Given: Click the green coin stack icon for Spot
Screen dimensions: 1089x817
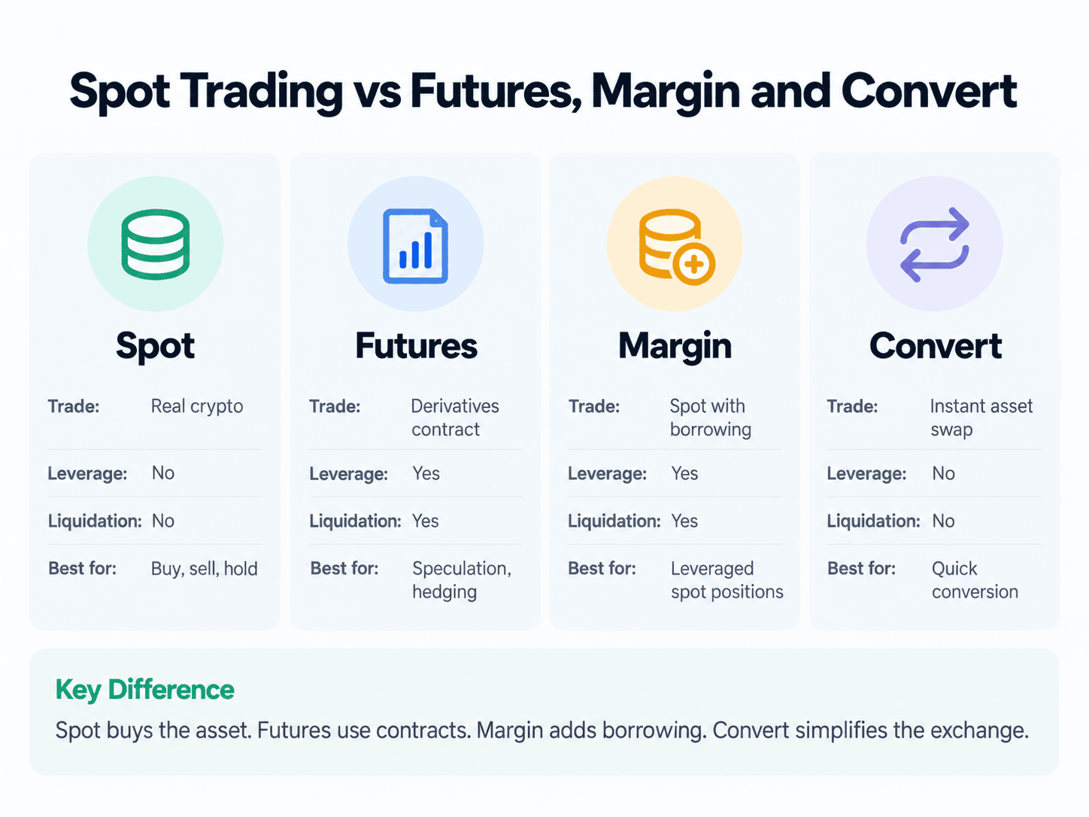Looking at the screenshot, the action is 155,244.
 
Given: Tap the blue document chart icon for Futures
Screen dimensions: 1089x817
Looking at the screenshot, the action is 416,246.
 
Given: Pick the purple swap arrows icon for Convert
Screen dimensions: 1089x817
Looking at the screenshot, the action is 935,244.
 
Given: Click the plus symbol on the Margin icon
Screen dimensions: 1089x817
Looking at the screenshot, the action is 693,264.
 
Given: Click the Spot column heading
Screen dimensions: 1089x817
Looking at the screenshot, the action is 155,346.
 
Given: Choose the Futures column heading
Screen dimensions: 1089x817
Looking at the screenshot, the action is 416,345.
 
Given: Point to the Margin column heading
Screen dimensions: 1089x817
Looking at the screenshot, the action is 675,346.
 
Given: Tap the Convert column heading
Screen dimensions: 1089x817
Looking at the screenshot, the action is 935,346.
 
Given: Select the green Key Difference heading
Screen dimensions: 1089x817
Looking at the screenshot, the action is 145,690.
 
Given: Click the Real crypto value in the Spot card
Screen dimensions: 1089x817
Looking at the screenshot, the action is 197,407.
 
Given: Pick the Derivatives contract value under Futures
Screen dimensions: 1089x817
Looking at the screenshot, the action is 455,418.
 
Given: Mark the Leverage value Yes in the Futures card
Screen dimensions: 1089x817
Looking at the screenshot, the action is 426,473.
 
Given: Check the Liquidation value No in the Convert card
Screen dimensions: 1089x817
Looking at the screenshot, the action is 943,521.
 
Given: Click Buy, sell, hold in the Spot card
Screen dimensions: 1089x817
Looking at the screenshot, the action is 205,569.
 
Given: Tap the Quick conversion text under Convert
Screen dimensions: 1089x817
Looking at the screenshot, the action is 975,580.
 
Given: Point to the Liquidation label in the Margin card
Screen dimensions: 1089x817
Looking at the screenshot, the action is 614,521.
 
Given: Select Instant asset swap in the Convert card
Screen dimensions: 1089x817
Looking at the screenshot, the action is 981,418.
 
